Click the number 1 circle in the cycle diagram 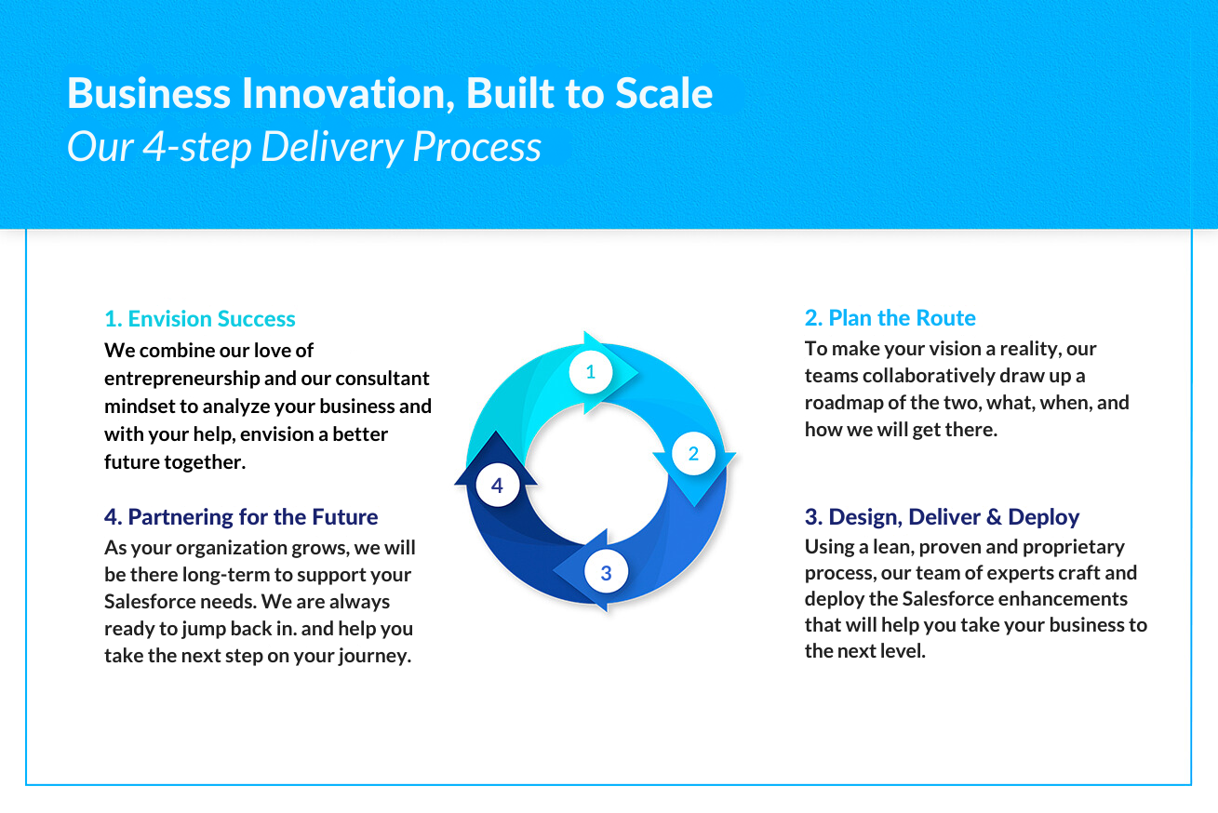(x=591, y=372)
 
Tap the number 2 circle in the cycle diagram (x=693, y=453)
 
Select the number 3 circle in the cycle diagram (x=607, y=572)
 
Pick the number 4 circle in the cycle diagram (x=497, y=486)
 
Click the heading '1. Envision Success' (x=199, y=318)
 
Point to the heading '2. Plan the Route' (x=890, y=317)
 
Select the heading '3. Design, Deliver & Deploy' (x=942, y=516)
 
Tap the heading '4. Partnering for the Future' (x=241, y=517)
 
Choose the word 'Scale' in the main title (x=664, y=93)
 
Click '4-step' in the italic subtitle (x=197, y=147)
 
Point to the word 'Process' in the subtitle (x=476, y=146)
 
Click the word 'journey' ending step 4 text (x=374, y=657)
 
